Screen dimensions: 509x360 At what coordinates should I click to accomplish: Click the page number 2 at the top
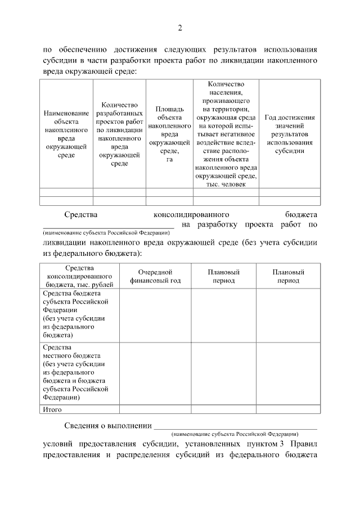point(180,28)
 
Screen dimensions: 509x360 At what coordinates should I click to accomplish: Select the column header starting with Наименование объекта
point(66,134)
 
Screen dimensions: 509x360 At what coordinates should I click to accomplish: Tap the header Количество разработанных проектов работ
point(119,134)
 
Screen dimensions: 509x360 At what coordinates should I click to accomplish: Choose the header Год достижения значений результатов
point(289,134)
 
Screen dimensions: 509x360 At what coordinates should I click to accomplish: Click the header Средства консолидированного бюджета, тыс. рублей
point(79,276)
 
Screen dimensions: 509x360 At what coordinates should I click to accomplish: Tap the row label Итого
point(52,409)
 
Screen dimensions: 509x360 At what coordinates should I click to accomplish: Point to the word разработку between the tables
point(219,225)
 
